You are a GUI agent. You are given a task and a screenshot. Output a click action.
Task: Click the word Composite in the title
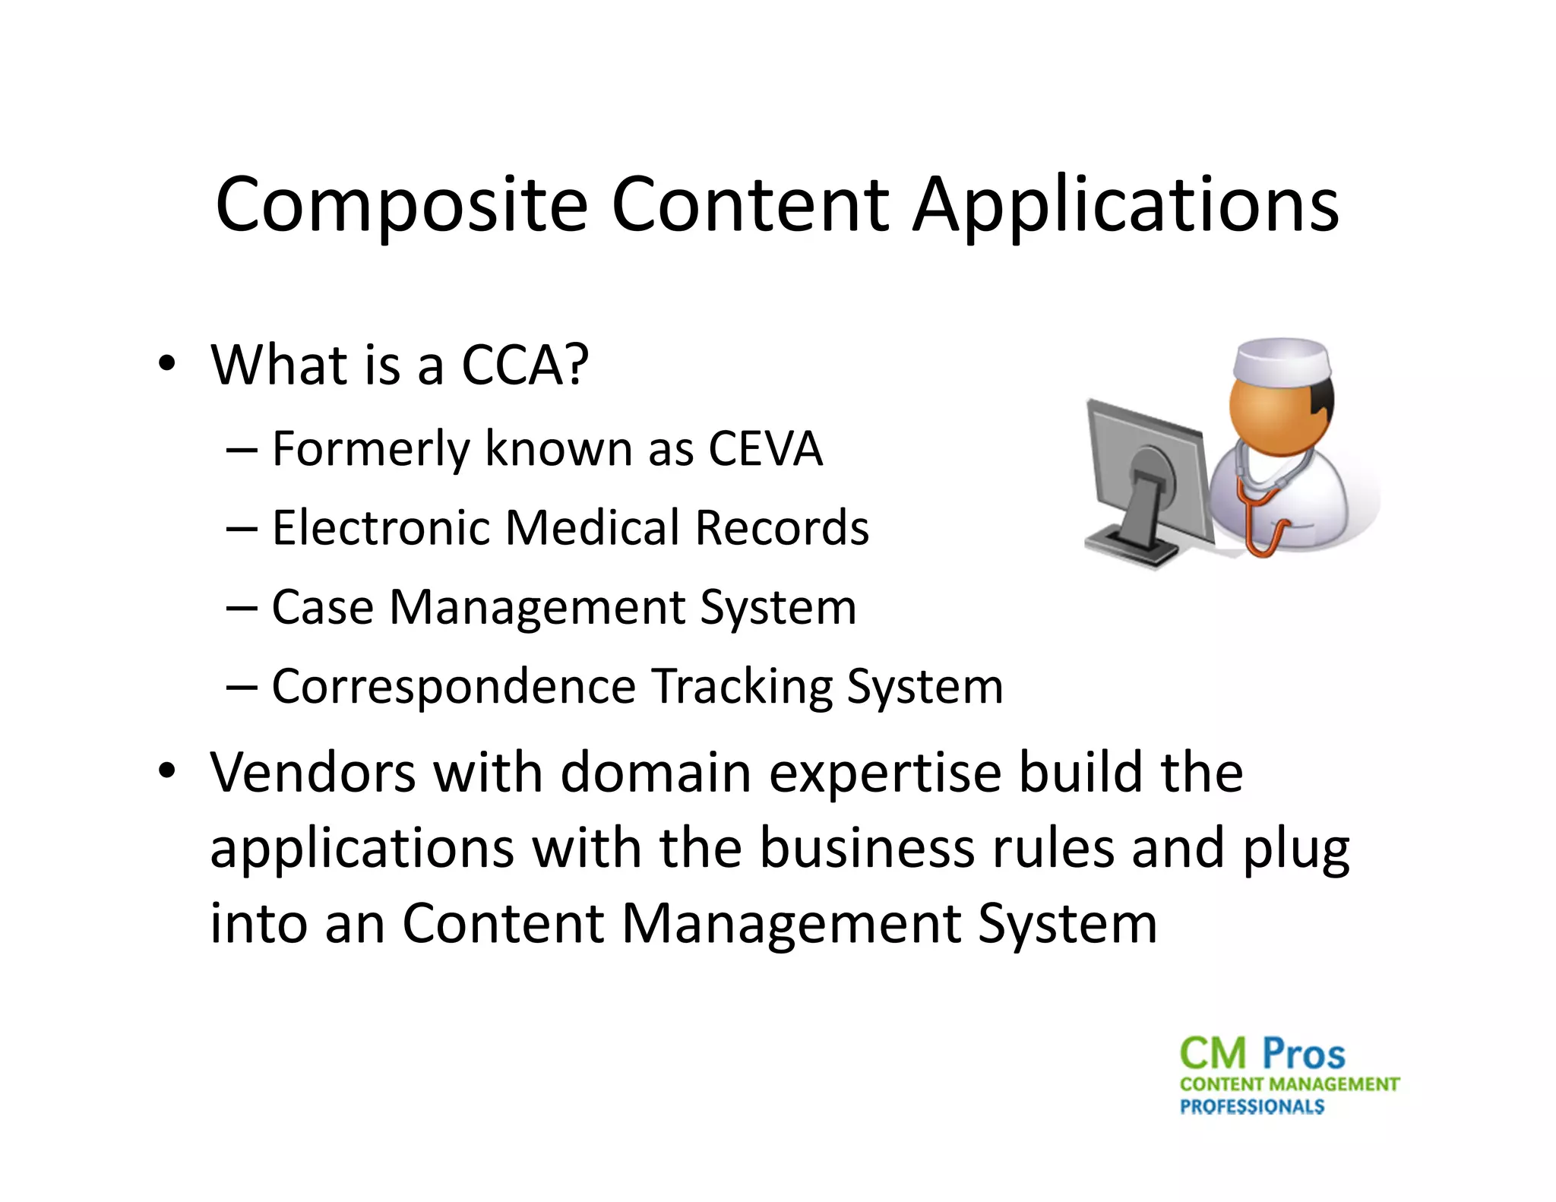[401, 205]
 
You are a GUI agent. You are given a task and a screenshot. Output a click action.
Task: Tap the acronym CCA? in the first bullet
[525, 365]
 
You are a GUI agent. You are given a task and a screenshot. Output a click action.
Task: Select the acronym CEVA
[765, 448]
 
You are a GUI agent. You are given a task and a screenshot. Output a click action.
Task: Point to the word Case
[323, 607]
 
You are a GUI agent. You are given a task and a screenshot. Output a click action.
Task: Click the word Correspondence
[453, 686]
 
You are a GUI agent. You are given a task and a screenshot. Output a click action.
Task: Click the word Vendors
[312, 773]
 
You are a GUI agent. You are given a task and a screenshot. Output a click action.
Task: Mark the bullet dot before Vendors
[167, 770]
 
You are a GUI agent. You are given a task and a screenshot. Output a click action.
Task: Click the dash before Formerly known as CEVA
[242, 450]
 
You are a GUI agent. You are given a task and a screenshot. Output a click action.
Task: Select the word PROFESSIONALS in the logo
[1251, 1106]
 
